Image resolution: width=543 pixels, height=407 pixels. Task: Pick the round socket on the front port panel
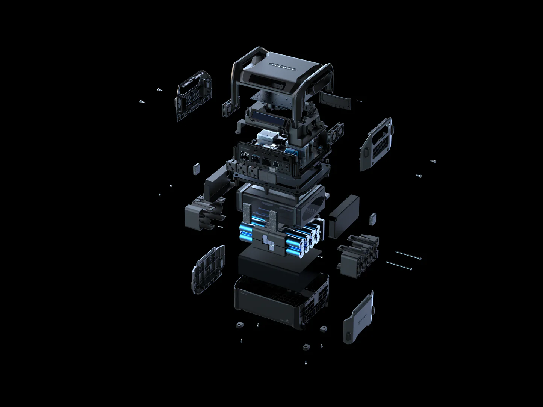277,164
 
